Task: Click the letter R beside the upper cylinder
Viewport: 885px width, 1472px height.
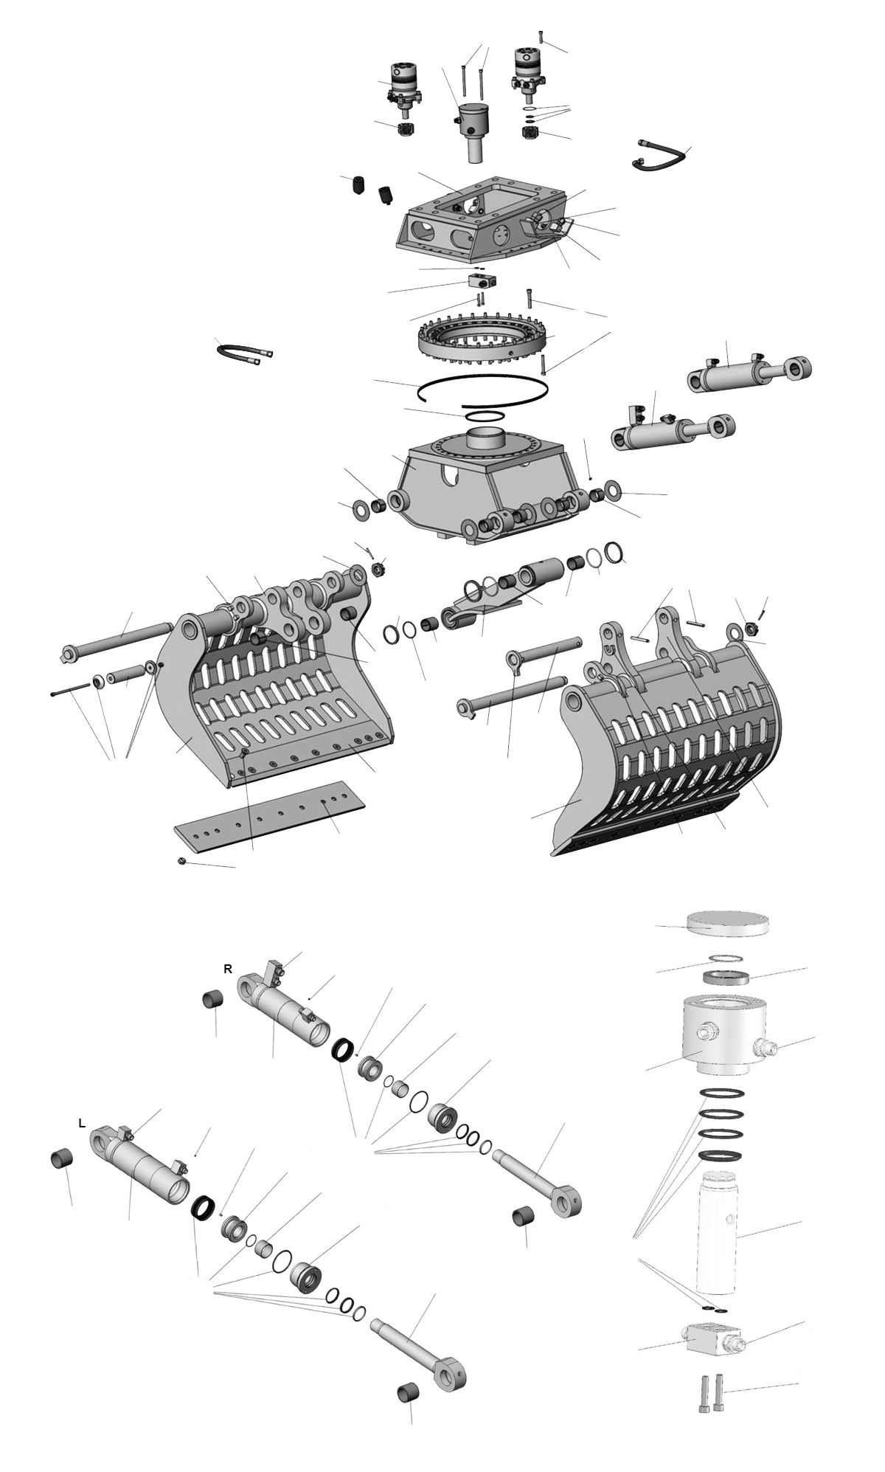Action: (228, 969)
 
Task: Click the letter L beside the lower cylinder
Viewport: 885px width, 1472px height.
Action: (82, 1124)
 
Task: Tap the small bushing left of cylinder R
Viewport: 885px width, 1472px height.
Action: (214, 1001)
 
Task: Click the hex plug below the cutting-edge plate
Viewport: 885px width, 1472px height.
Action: (182, 861)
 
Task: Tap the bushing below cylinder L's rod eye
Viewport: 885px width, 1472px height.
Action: (410, 1394)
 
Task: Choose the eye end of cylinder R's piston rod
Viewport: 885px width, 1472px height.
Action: (569, 1203)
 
